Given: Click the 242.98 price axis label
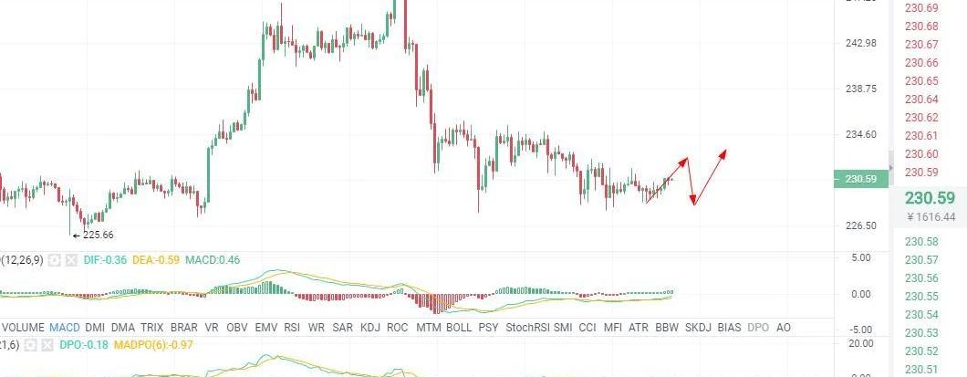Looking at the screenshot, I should coord(861,43).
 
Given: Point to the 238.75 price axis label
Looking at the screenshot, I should coord(861,89).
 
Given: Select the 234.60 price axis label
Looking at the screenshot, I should coord(861,134).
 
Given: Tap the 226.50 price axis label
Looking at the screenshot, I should coord(861,225).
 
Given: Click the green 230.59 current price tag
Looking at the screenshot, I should coord(861,179).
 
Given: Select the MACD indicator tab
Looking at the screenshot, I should coord(64,327).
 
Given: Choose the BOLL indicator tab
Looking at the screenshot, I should coord(459,327).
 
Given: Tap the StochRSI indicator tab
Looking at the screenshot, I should coord(527,327).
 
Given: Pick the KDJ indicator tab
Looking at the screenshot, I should coord(370,327).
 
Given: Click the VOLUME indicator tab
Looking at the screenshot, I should coord(23,327).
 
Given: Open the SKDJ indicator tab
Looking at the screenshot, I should coord(698,327).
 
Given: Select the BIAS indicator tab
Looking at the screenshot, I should coord(729,327).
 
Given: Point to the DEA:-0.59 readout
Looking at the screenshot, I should coord(156,260).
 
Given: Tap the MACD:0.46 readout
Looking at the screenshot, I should coord(213,260).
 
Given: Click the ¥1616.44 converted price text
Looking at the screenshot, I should coord(931,217).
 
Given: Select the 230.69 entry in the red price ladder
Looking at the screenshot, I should coord(921,7).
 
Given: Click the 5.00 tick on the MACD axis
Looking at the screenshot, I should coord(862,258).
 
